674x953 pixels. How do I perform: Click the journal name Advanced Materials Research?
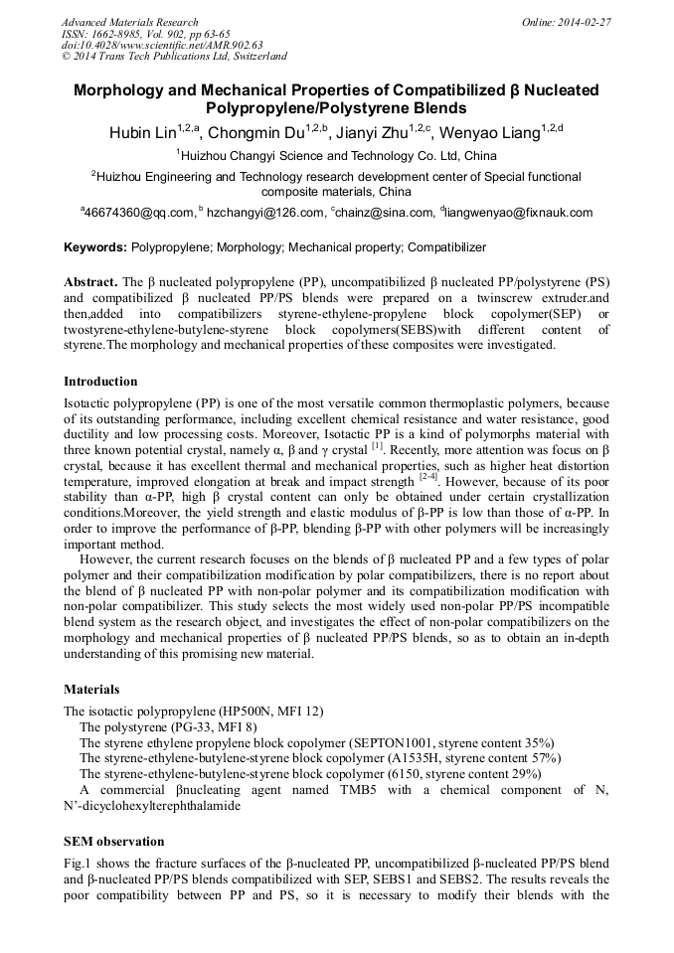(130, 22)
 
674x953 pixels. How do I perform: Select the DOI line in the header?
(162, 45)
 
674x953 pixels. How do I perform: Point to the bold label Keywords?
(95, 247)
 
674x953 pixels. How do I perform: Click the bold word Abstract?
(90, 282)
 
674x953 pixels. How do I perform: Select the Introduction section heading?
(100, 382)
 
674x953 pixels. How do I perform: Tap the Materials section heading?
(91, 689)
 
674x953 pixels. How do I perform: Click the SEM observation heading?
(111, 841)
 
